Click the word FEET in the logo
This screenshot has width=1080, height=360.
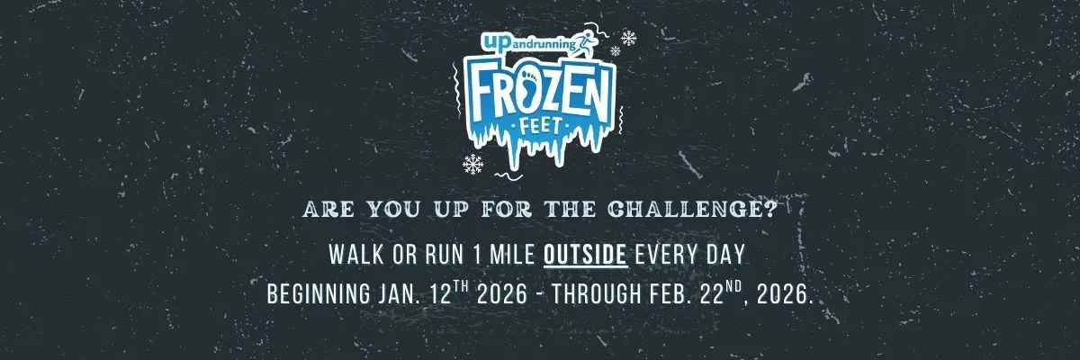[540, 127]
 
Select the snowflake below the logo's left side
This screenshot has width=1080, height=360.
[473, 164]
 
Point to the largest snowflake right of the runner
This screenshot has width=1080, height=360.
[628, 38]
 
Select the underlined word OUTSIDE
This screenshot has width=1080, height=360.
[585, 255]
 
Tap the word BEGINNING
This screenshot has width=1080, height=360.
[319, 294]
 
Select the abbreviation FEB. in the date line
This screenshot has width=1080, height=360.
[670, 294]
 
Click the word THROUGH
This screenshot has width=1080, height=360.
[597, 294]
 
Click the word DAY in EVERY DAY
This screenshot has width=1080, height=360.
[726, 255]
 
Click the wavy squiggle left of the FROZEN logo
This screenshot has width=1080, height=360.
[456, 89]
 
